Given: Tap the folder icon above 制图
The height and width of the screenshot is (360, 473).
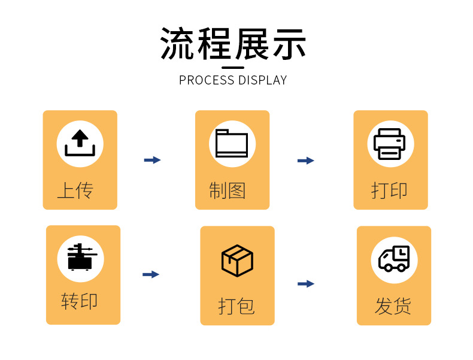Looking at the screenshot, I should [232, 144].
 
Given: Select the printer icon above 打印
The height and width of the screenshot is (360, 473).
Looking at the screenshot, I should [390, 144].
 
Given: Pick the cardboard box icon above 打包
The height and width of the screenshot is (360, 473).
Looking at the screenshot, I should [237, 260].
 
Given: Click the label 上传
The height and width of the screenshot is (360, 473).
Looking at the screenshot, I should [75, 190].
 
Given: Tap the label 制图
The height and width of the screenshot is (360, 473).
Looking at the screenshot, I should [228, 190].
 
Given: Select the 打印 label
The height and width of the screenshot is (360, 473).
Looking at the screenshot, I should [389, 190].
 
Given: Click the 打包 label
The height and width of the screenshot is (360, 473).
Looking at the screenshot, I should [236, 306].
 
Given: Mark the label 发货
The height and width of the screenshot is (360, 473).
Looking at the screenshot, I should [393, 305].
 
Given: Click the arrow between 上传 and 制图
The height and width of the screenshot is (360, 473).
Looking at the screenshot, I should [153, 160].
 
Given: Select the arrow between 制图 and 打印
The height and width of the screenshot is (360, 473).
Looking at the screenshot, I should [306, 161].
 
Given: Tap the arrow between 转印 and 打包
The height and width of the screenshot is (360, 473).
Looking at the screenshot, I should [151, 274].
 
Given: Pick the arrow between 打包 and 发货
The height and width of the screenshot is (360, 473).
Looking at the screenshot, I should [306, 284].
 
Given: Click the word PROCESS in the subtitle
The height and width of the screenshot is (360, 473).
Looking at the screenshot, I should [207, 80].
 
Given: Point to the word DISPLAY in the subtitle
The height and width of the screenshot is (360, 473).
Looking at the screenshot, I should [263, 80].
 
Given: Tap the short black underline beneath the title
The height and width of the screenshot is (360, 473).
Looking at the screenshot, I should [233, 67].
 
